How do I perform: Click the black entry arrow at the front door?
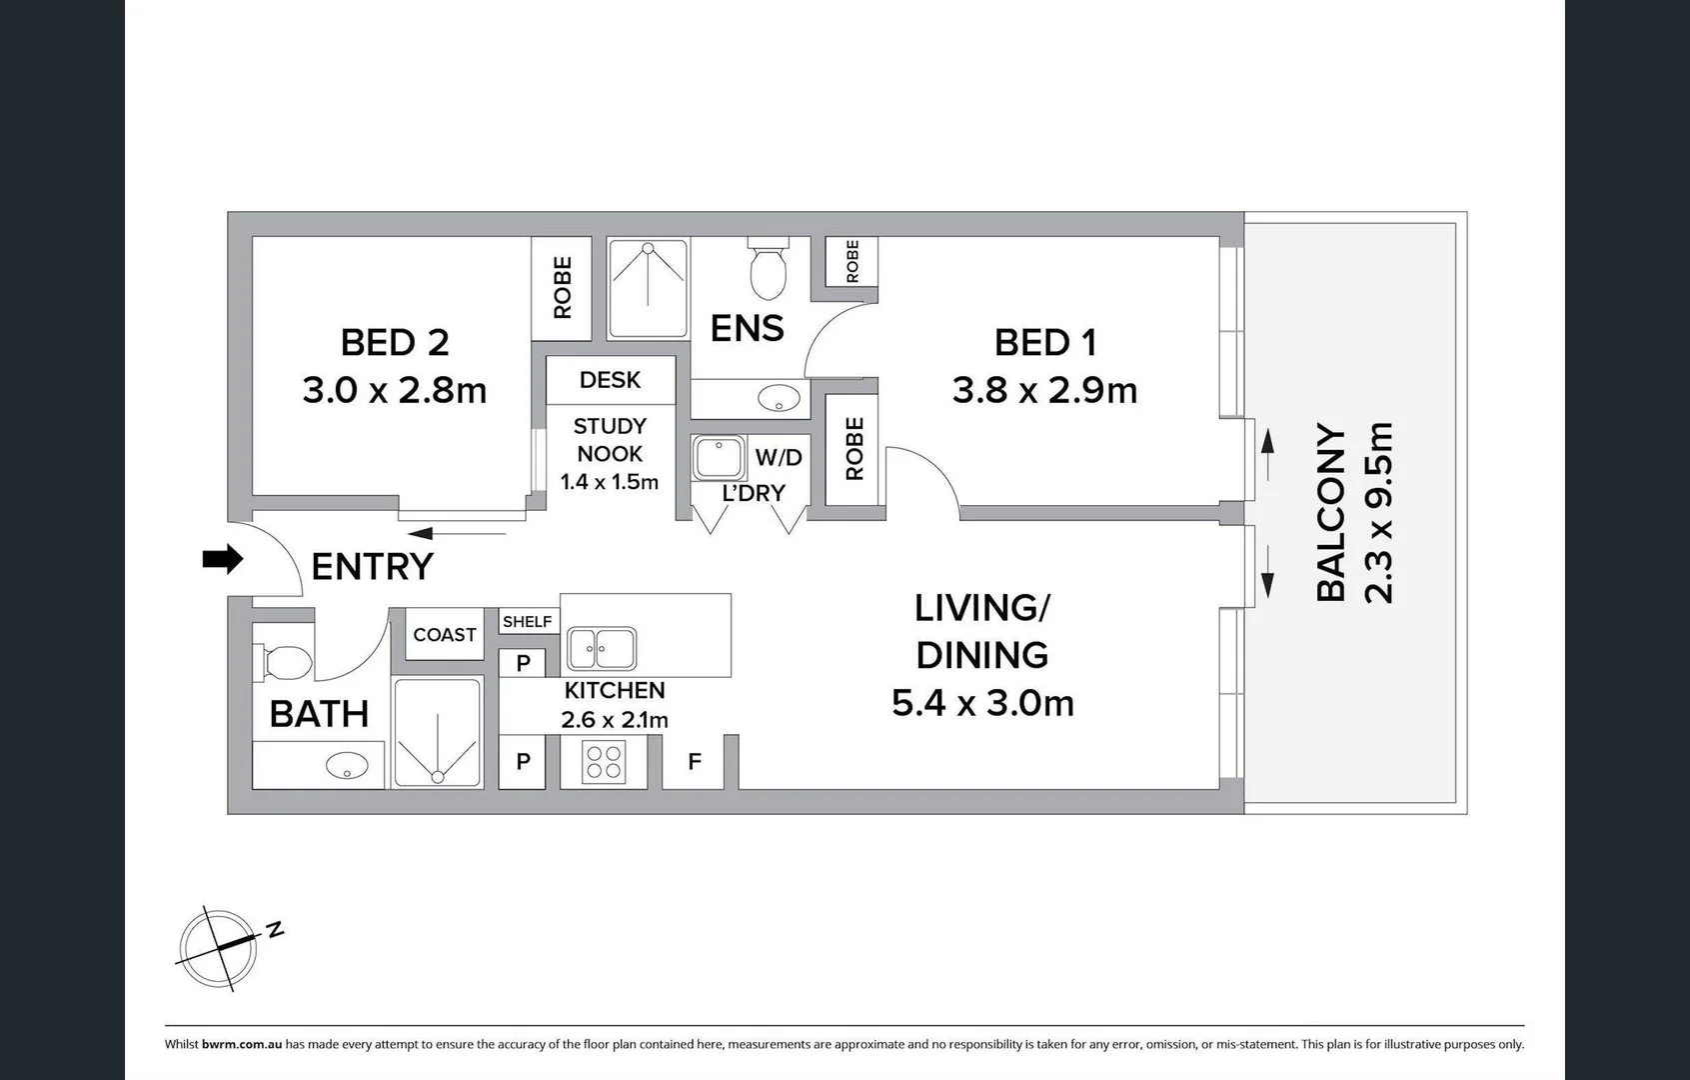click(223, 559)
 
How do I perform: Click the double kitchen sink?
click(602, 648)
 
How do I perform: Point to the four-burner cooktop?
click(604, 762)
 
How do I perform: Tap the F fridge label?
click(695, 762)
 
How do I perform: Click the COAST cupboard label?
click(445, 635)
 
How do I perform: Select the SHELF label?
click(527, 621)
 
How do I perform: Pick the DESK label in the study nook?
click(610, 380)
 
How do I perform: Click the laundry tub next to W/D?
click(719, 457)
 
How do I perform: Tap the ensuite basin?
click(779, 398)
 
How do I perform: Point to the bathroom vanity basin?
click(347, 765)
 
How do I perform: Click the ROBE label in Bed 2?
click(562, 288)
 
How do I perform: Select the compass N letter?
click(275, 929)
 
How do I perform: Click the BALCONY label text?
click(1330, 512)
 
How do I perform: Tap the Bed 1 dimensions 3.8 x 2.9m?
click(1044, 391)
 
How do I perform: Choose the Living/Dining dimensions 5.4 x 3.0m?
click(982, 703)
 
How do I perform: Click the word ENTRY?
click(372, 566)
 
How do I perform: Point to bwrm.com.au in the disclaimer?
click(242, 1045)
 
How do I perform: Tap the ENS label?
click(747, 328)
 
